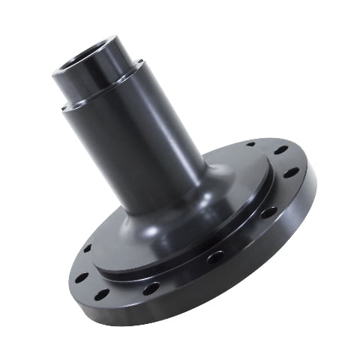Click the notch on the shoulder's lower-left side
point(66,106)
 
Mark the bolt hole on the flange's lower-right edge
point(268,212)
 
